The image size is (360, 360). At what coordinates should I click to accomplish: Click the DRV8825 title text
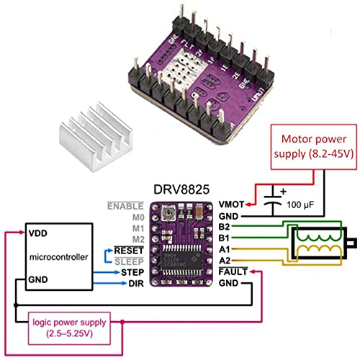point(181,189)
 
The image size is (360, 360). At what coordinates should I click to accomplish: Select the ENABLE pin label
point(124,205)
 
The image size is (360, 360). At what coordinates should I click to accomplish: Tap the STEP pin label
point(129,273)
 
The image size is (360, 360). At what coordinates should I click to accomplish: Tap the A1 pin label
point(225,250)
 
